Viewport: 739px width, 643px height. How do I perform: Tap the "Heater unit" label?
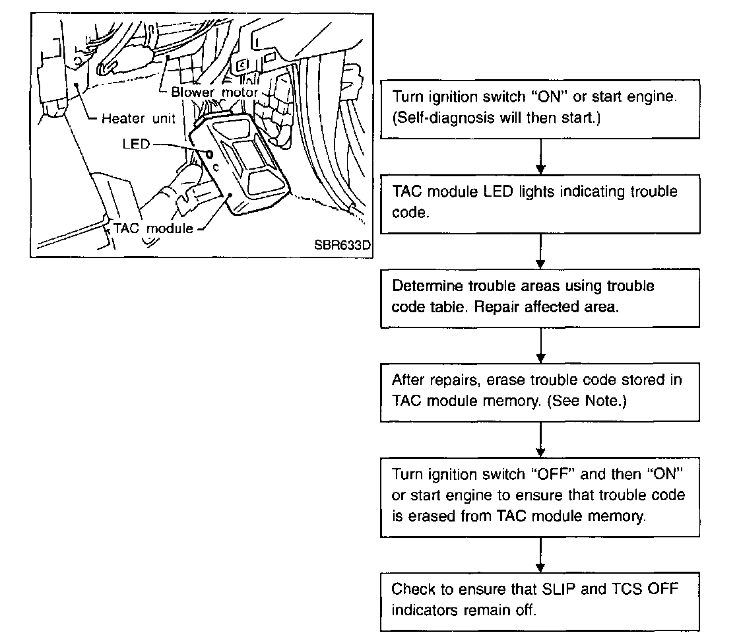click(139, 119)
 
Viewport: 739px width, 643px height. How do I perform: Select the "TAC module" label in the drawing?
click(154, 228)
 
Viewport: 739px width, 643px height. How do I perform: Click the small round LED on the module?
click(209, 154)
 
